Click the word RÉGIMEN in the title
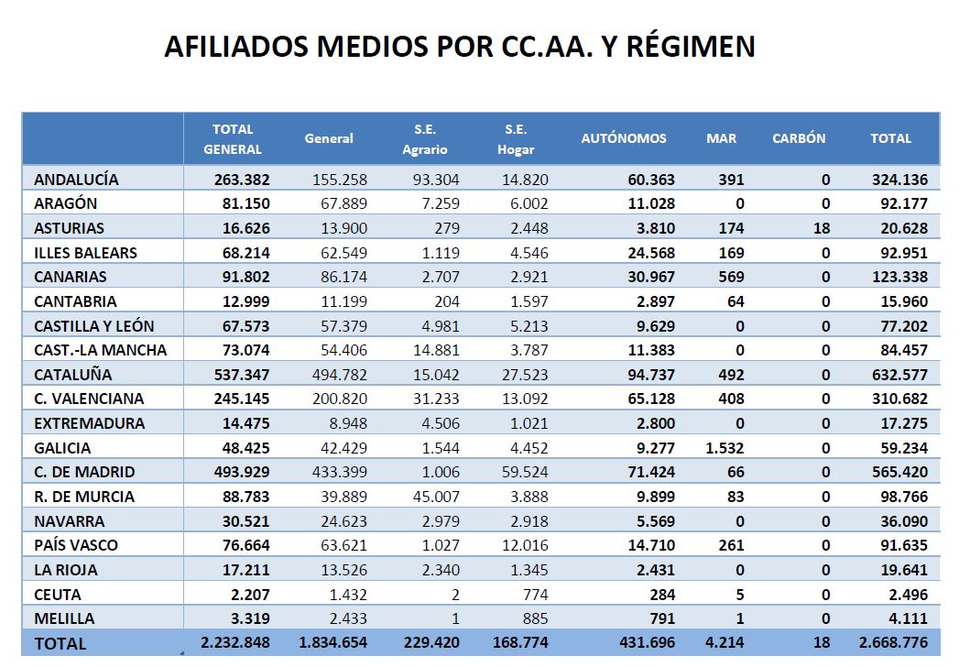691,47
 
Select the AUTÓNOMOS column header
624,138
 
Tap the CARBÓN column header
799,138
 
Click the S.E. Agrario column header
424,139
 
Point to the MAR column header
721,138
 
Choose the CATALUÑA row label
73,375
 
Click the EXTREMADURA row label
89,424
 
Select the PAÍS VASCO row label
75,545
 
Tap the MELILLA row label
64,618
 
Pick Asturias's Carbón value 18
822,228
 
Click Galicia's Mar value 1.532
725,448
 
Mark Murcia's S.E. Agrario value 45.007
436,497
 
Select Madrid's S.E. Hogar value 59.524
525,472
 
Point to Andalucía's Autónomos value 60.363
651,180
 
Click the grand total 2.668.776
893,643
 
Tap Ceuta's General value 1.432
348,595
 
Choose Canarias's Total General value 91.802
246,278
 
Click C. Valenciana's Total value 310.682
900,399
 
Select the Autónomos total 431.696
647,643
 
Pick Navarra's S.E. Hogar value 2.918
529,521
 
